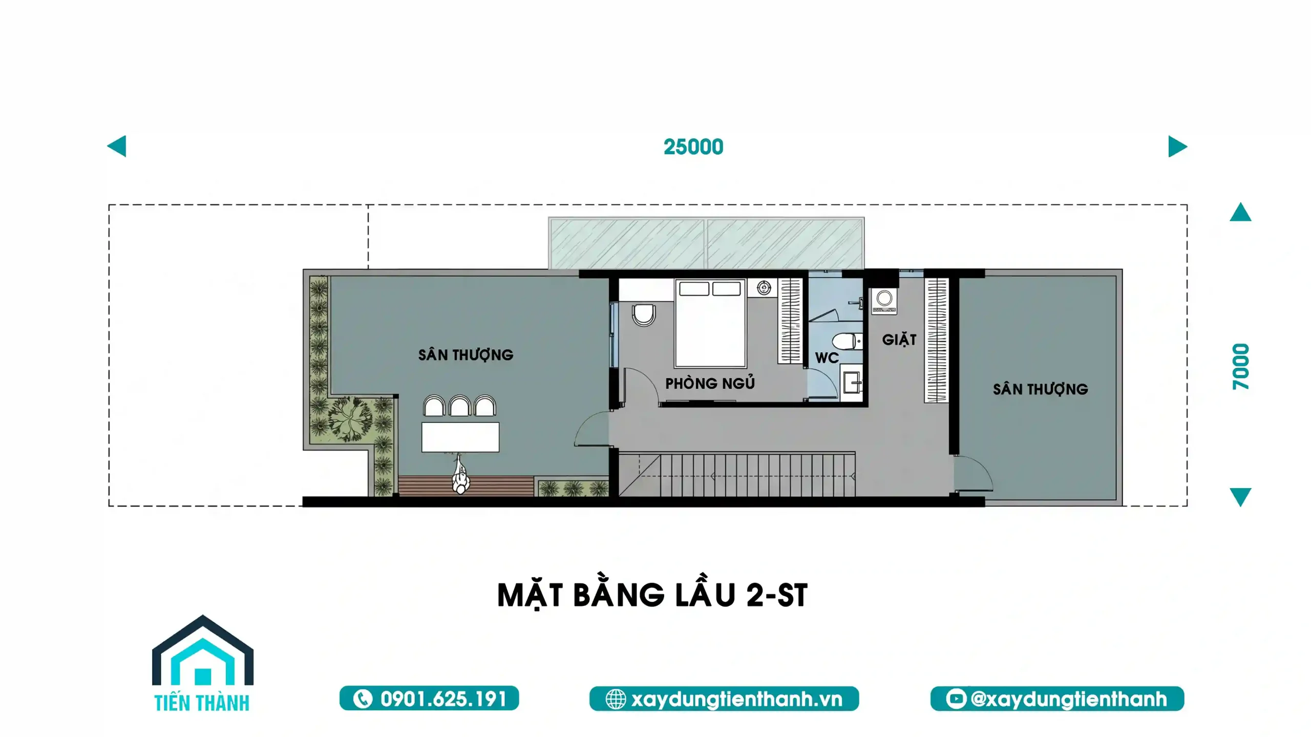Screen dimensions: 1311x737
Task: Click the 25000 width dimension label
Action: pos(693,147)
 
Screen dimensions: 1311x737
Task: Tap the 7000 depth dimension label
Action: pos(1241,366)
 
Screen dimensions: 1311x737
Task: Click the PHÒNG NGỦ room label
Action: pos(710,383)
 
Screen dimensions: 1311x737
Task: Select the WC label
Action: pos(827,357)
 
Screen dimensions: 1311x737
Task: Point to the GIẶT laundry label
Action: pos(899,339)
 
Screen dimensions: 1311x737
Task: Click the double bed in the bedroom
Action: pos(710,323)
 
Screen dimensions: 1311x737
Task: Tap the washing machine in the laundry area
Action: pos(884,301)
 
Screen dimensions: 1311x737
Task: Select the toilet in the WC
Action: pos(847,341)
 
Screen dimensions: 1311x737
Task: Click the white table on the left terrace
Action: pos(460,437)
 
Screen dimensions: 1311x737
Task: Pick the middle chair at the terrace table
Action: pos(459,406)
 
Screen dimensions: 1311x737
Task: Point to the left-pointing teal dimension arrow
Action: pos(117,146)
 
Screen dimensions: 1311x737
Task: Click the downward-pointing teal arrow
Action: pos(1240,497)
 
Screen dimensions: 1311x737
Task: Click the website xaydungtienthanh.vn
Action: pos(736,699)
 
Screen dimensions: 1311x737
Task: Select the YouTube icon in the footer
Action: pos(956,699)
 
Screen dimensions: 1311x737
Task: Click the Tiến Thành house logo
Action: pos(202,663)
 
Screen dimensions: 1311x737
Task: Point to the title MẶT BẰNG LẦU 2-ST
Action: pos(652,595)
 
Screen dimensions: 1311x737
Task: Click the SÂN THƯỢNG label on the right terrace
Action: pos(1040,389)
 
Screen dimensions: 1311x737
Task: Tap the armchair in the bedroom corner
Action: pos(644,315)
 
